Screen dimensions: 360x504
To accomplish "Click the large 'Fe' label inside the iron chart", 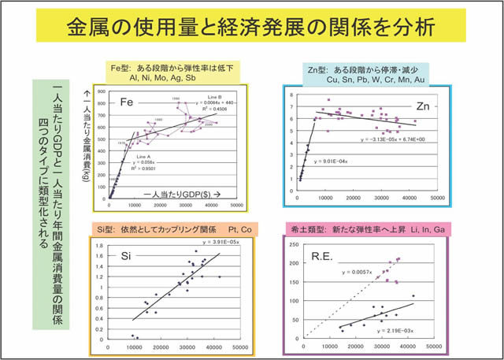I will point(128,102).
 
